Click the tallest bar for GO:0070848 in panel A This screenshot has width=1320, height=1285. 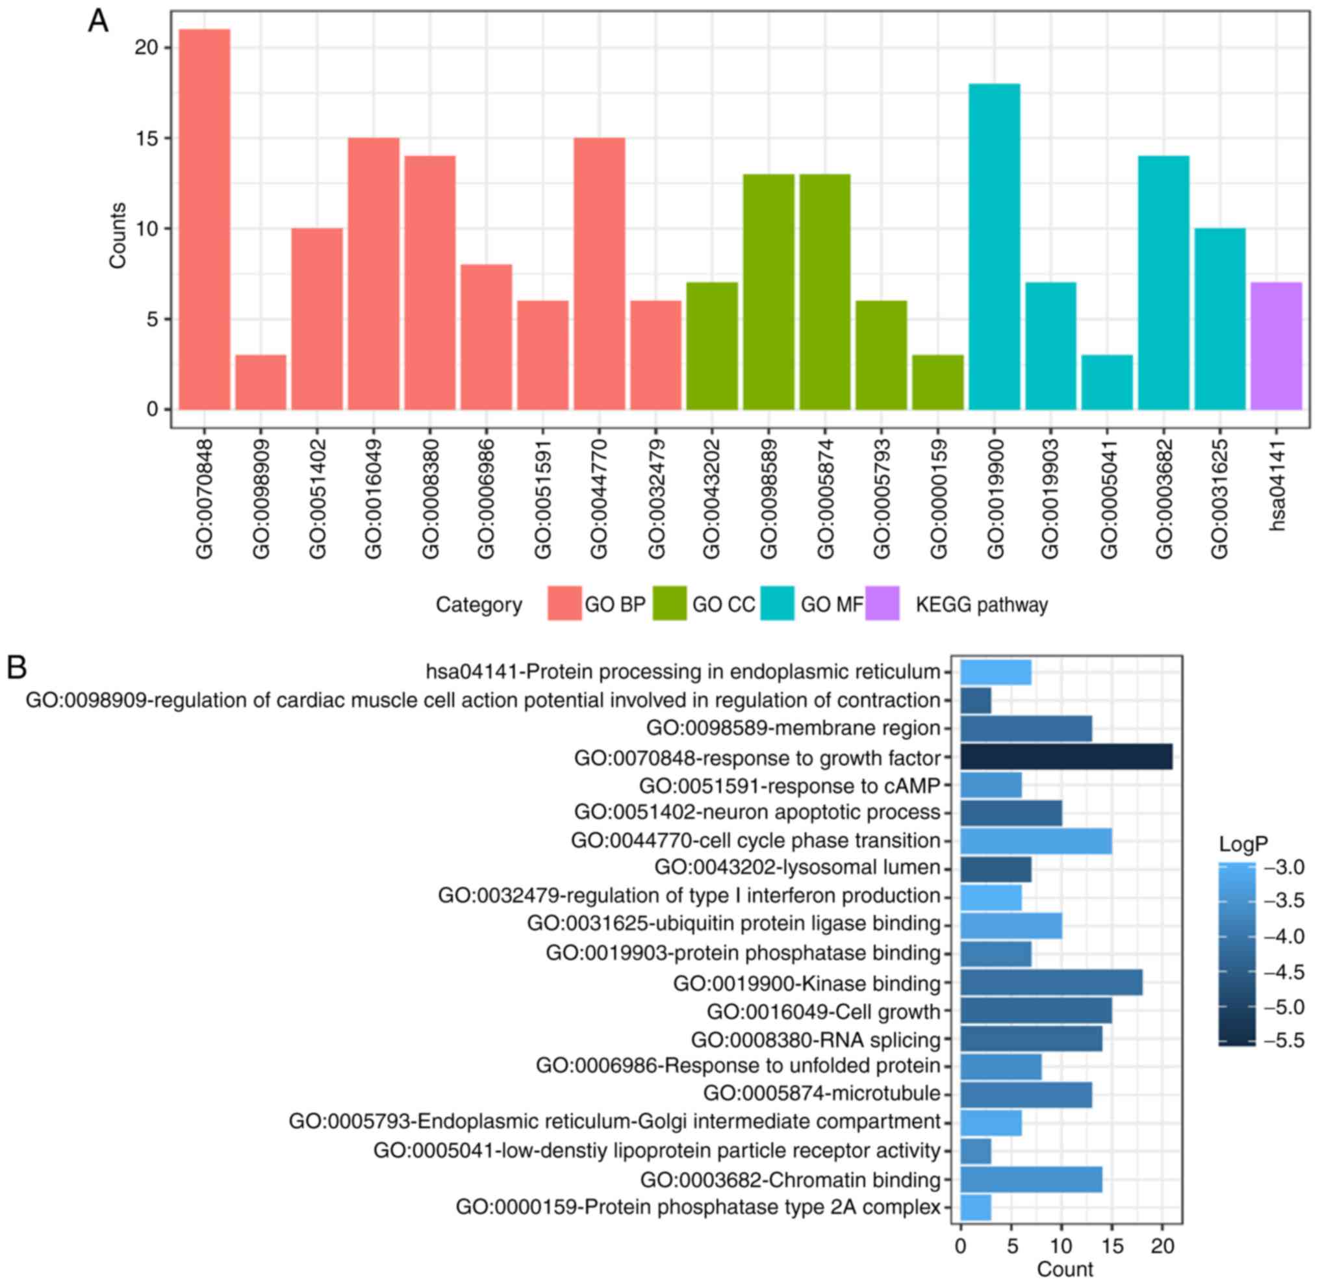204,219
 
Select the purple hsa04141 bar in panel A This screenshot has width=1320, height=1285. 1275,346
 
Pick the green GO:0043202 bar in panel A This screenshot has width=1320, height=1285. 711,346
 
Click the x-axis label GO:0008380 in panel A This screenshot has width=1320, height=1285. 430,499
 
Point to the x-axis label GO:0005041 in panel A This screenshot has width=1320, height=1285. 1107,499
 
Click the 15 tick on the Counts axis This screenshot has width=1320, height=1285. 146,138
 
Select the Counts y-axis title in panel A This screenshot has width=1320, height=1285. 118,236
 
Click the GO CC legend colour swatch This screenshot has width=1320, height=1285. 669,604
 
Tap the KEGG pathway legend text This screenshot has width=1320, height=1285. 981,605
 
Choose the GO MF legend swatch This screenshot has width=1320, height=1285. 777,604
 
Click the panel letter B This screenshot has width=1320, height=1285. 17,667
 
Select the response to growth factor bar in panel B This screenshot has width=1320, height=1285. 1065,757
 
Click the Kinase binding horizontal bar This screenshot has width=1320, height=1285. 1050,982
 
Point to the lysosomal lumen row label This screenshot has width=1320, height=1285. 797,867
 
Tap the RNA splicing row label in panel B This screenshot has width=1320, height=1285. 815,1039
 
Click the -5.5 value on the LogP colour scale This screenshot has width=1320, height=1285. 1284,1041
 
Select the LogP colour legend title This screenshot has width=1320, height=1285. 1243,844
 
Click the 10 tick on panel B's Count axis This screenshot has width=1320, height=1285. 1061,1246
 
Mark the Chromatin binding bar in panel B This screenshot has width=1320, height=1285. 1030,1180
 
